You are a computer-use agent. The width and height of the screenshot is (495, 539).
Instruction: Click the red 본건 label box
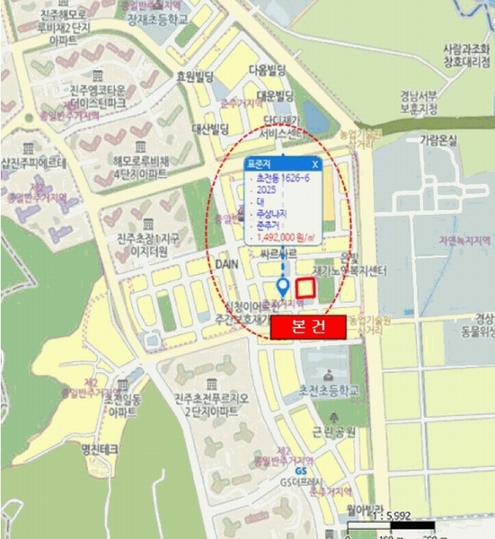coord(308,328)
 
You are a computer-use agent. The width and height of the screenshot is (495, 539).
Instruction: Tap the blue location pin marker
coord(283,287)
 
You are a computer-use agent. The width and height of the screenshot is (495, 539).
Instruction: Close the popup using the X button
coord(314,165)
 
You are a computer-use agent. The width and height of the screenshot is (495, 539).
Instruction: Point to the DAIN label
coord(225,264)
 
